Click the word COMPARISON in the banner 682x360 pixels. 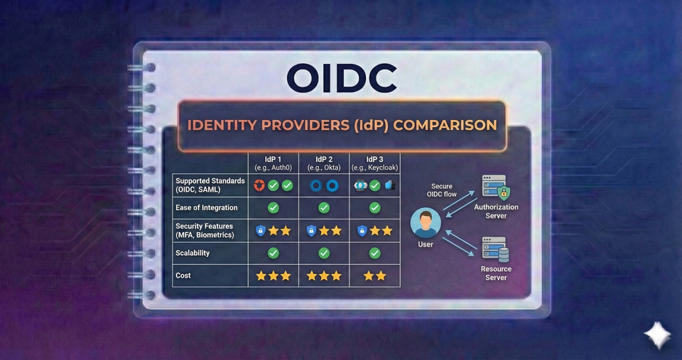(x=445, y=126)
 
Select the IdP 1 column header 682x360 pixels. (x=273, y=163)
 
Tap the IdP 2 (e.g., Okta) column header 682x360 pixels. (x=323, y=163)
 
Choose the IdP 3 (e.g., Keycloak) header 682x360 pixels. (x=374, y=163)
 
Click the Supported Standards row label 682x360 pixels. (x=210, y=185)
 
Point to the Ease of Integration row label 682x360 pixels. (x=207, y=208)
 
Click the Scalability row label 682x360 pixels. (x=193, y=253)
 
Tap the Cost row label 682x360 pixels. (x=183, y=276)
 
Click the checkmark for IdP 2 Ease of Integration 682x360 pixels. (x=324, y=208)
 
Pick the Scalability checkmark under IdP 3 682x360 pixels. (x=374, y=253)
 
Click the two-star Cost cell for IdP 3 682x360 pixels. (x=374, y=276)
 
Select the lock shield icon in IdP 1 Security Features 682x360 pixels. (x=260, y=230)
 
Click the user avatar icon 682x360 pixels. (x=426, y=223)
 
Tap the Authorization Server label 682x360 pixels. (x=496, y=211)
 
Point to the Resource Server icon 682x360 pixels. (x=495, y=249)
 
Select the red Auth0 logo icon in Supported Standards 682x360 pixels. (x=260, y=185)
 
